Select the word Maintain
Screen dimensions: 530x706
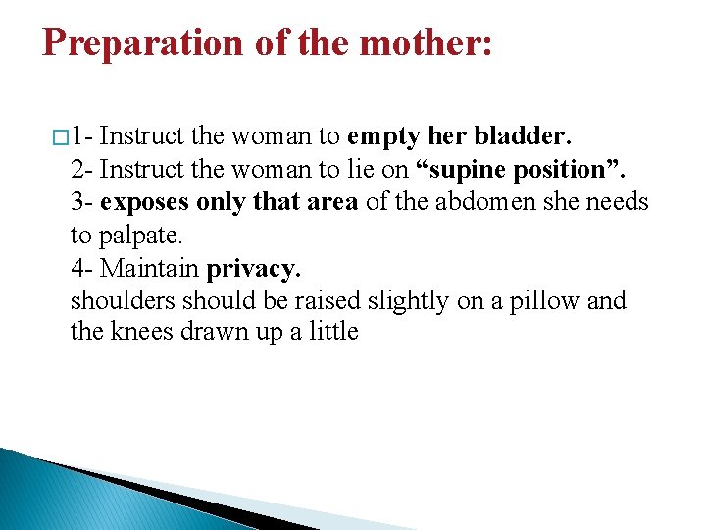[151, 267]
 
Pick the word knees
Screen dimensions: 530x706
[142, 332]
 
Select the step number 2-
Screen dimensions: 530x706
[81, 170]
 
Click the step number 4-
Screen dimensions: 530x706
[81, 267]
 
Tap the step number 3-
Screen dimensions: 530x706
[81, 202]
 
